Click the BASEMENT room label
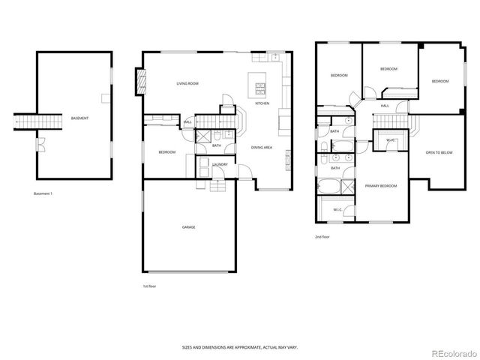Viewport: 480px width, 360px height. tap(79, 118)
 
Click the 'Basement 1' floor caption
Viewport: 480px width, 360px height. tap(43, 193)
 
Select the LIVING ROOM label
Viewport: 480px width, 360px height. tap(187, 83)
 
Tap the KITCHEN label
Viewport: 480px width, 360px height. tap(262, 103)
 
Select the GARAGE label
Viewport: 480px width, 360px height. tap(188, 226)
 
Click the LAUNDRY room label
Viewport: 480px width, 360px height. tap(220, 164)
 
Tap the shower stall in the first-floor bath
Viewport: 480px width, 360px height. tap(202, 136)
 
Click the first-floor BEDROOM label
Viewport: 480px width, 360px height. tap(166, 152)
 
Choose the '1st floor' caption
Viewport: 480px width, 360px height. tap(150, 286)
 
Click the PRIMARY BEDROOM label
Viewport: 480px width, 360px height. tap(381, 185)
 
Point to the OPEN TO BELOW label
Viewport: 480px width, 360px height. tap(439, 152)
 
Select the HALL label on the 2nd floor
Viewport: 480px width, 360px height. tap(384, 106)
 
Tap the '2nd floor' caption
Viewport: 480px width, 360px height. tap(322, 236)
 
